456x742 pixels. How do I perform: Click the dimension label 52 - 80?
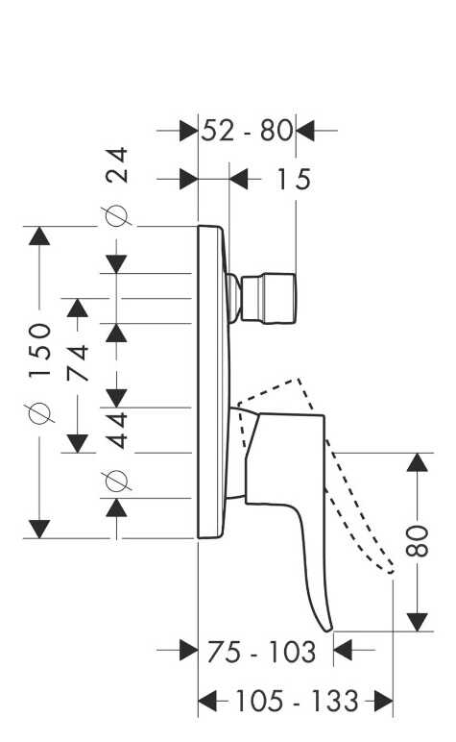click(247, 131)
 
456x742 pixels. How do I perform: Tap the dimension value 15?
click(294, 180)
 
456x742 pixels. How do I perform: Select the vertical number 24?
click(117, 164)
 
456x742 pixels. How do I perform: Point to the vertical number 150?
click(39, 350)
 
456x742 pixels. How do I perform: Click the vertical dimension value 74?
click(78, 363)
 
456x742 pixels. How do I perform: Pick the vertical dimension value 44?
click(117, 431)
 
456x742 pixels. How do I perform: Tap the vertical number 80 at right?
click(418, 540)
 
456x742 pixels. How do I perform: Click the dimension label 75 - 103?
click(261, 652)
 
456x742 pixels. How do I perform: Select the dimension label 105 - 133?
click(297, 701)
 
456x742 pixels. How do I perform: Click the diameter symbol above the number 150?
click(39, 412)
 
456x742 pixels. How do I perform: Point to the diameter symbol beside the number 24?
click(117, 216)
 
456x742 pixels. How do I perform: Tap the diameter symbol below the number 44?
click(117, 481)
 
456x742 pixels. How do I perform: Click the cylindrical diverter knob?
click(269, 298)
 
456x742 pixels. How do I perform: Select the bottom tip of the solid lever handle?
click(328, 631)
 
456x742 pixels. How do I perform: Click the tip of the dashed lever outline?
click(392, 571)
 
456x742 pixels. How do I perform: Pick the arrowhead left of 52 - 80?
click(188, 131)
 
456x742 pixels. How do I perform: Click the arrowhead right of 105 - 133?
click(384, 701)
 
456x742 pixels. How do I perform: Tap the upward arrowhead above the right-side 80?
click(418, 462)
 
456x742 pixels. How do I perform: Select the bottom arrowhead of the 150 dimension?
click(39, 529)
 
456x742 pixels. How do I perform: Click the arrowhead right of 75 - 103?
click(343, 650)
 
